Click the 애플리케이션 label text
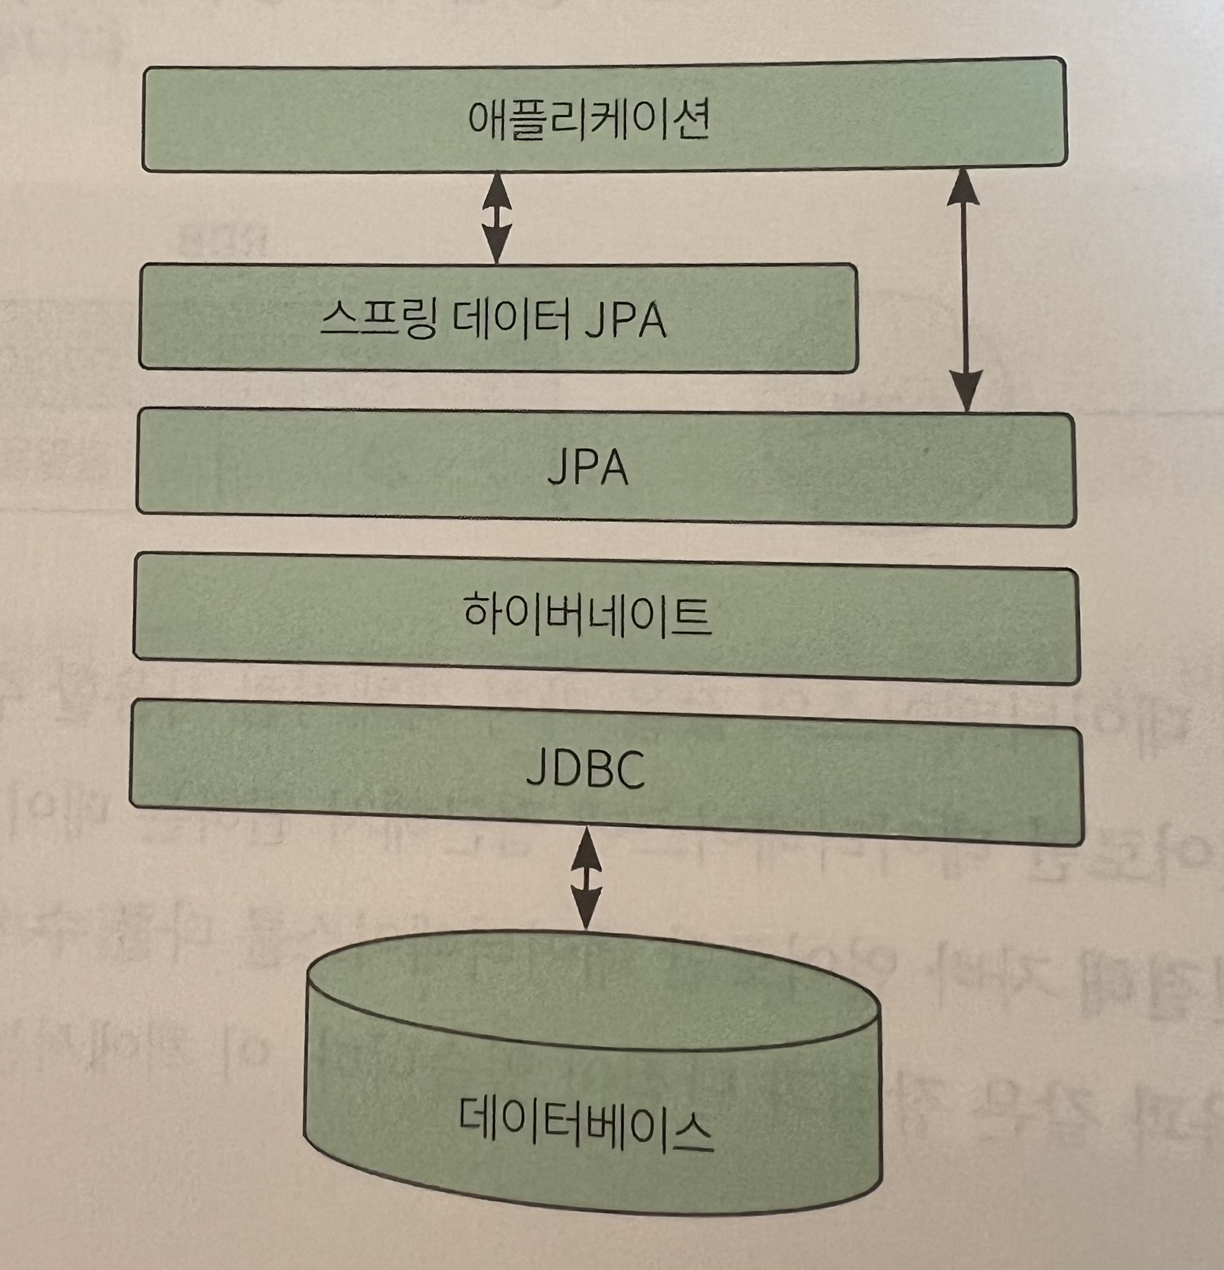click(588, 120)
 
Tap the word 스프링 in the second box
click(377, 319)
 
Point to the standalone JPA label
click(588, 468)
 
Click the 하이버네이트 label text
click(588, 614)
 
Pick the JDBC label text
click(585, 770)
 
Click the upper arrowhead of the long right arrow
click(963, 188)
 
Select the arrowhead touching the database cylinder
click(586, 911)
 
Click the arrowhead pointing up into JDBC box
click(586, 846)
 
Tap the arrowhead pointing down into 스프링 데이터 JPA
click(497, 247)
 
